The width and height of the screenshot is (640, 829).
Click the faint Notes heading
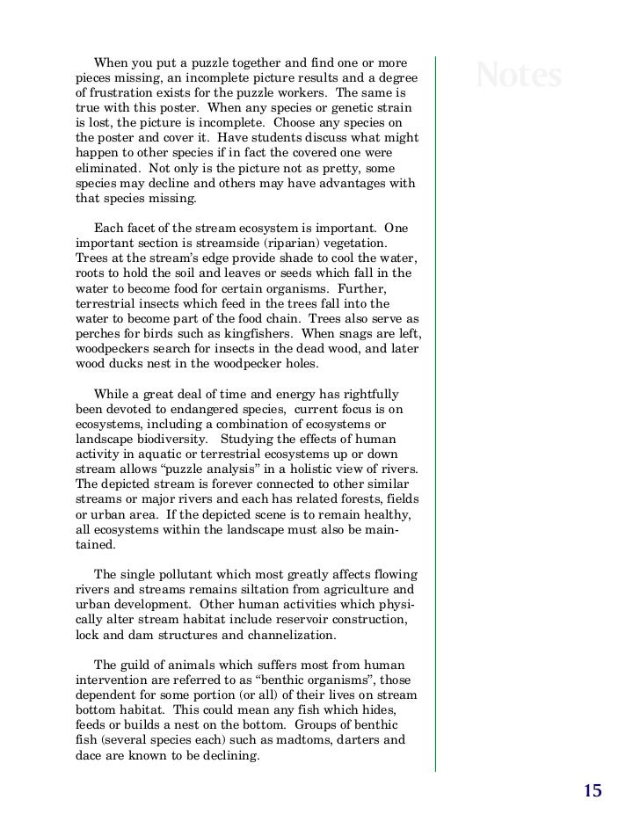coord(518,76)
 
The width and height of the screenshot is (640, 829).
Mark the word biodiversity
coord(174,439)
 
